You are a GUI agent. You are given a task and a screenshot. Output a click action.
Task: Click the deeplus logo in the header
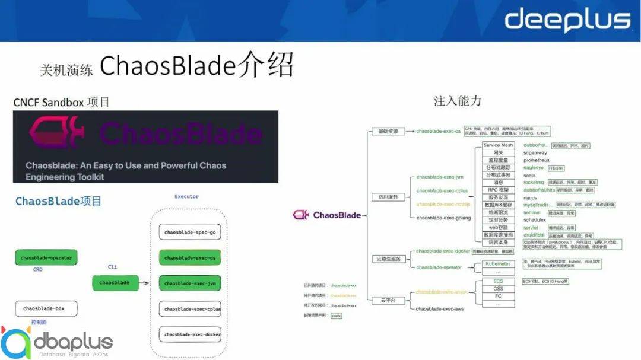(567, 20)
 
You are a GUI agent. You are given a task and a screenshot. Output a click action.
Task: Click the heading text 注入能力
(457, 101)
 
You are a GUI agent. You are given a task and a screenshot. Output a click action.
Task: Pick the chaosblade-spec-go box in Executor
(190, 232)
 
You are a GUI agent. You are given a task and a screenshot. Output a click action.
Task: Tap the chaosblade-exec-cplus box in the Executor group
(190, 309)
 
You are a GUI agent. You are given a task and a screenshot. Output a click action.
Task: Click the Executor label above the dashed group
(186, 197)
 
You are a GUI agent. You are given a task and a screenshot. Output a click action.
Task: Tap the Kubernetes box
(499, 263)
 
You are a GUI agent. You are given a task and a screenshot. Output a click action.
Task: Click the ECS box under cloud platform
(499, 281)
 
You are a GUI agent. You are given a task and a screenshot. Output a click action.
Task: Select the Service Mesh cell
(499, 145)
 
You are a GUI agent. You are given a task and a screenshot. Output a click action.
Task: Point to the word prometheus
(537, 160)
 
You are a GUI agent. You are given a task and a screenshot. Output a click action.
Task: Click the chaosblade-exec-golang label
(443, 218)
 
